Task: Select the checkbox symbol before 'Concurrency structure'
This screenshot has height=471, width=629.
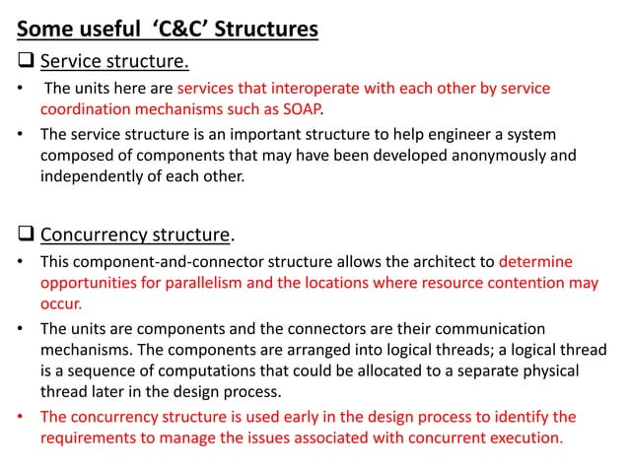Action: tap(27, 235)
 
